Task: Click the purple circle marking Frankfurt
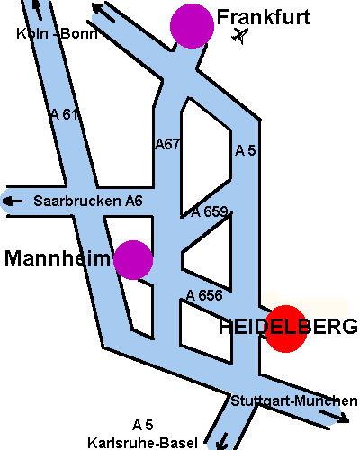[x=192, y=26]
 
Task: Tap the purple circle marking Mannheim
[x=133, y=260]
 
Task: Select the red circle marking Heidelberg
[x=285, y=328]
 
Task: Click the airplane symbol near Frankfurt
[x=240, y=36]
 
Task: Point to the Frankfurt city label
[x=263, y=17]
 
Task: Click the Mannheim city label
[x=58, y=258]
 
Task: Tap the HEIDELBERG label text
[x=288, y=327]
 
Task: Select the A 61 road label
[x=65, y=114]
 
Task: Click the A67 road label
[x=167, y=145]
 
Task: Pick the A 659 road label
[x=210, y=212]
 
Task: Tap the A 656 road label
[x=204, y=295]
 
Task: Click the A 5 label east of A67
[x=246, y=150]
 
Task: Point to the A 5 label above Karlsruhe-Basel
[x=143, y=425]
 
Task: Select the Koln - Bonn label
[x=57, y=33]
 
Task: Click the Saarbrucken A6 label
[x=88, y=201]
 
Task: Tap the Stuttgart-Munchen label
[x=294, y=401]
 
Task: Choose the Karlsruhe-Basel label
[x=143, y=443]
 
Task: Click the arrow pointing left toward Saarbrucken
[x=13, y=202]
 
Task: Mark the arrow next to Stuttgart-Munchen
[x=334, y=417]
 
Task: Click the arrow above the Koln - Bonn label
[x=37, y=9]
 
